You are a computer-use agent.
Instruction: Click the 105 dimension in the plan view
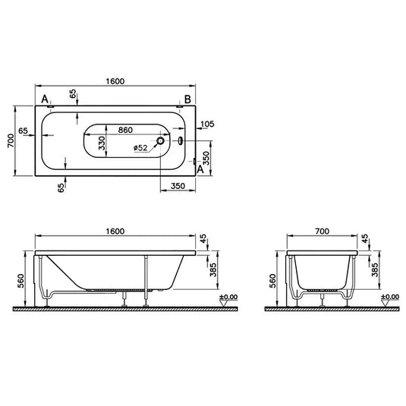coord(206,124)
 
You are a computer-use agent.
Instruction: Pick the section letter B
coord(187,100)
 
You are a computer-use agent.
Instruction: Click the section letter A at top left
coord(45,100)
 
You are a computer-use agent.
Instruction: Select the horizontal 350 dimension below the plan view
coord(179,184)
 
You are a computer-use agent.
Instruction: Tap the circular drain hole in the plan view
coord(161,140)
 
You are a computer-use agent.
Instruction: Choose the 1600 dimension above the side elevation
coord(115,230)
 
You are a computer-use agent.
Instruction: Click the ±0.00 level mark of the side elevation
coord(226,297)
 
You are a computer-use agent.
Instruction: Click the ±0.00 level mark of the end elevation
coord(390,297)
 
